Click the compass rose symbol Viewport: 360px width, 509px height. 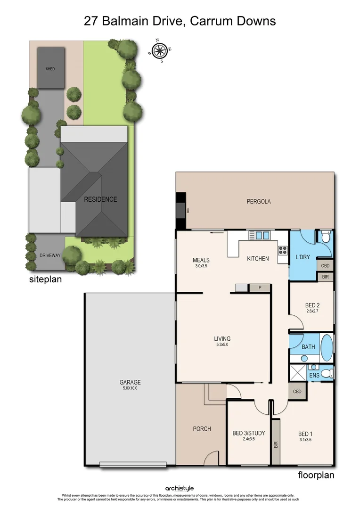click(160, 50)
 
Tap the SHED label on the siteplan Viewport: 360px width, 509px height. click(50, 69)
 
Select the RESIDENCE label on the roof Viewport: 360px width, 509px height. click(100, 199)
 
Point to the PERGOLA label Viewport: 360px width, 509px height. click(259, 202)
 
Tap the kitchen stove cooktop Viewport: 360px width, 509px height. click(283, 250)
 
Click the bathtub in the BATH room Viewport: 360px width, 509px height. click(327, 348)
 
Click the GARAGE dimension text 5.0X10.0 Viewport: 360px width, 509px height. click(130, 388)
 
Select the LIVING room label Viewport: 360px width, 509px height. click(222, 338)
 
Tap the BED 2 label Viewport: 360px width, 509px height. click(312, 304)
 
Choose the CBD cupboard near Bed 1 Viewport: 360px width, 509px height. click(297, 392)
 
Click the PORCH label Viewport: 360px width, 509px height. click(202, 429)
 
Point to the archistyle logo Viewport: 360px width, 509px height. click(180, 488)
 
